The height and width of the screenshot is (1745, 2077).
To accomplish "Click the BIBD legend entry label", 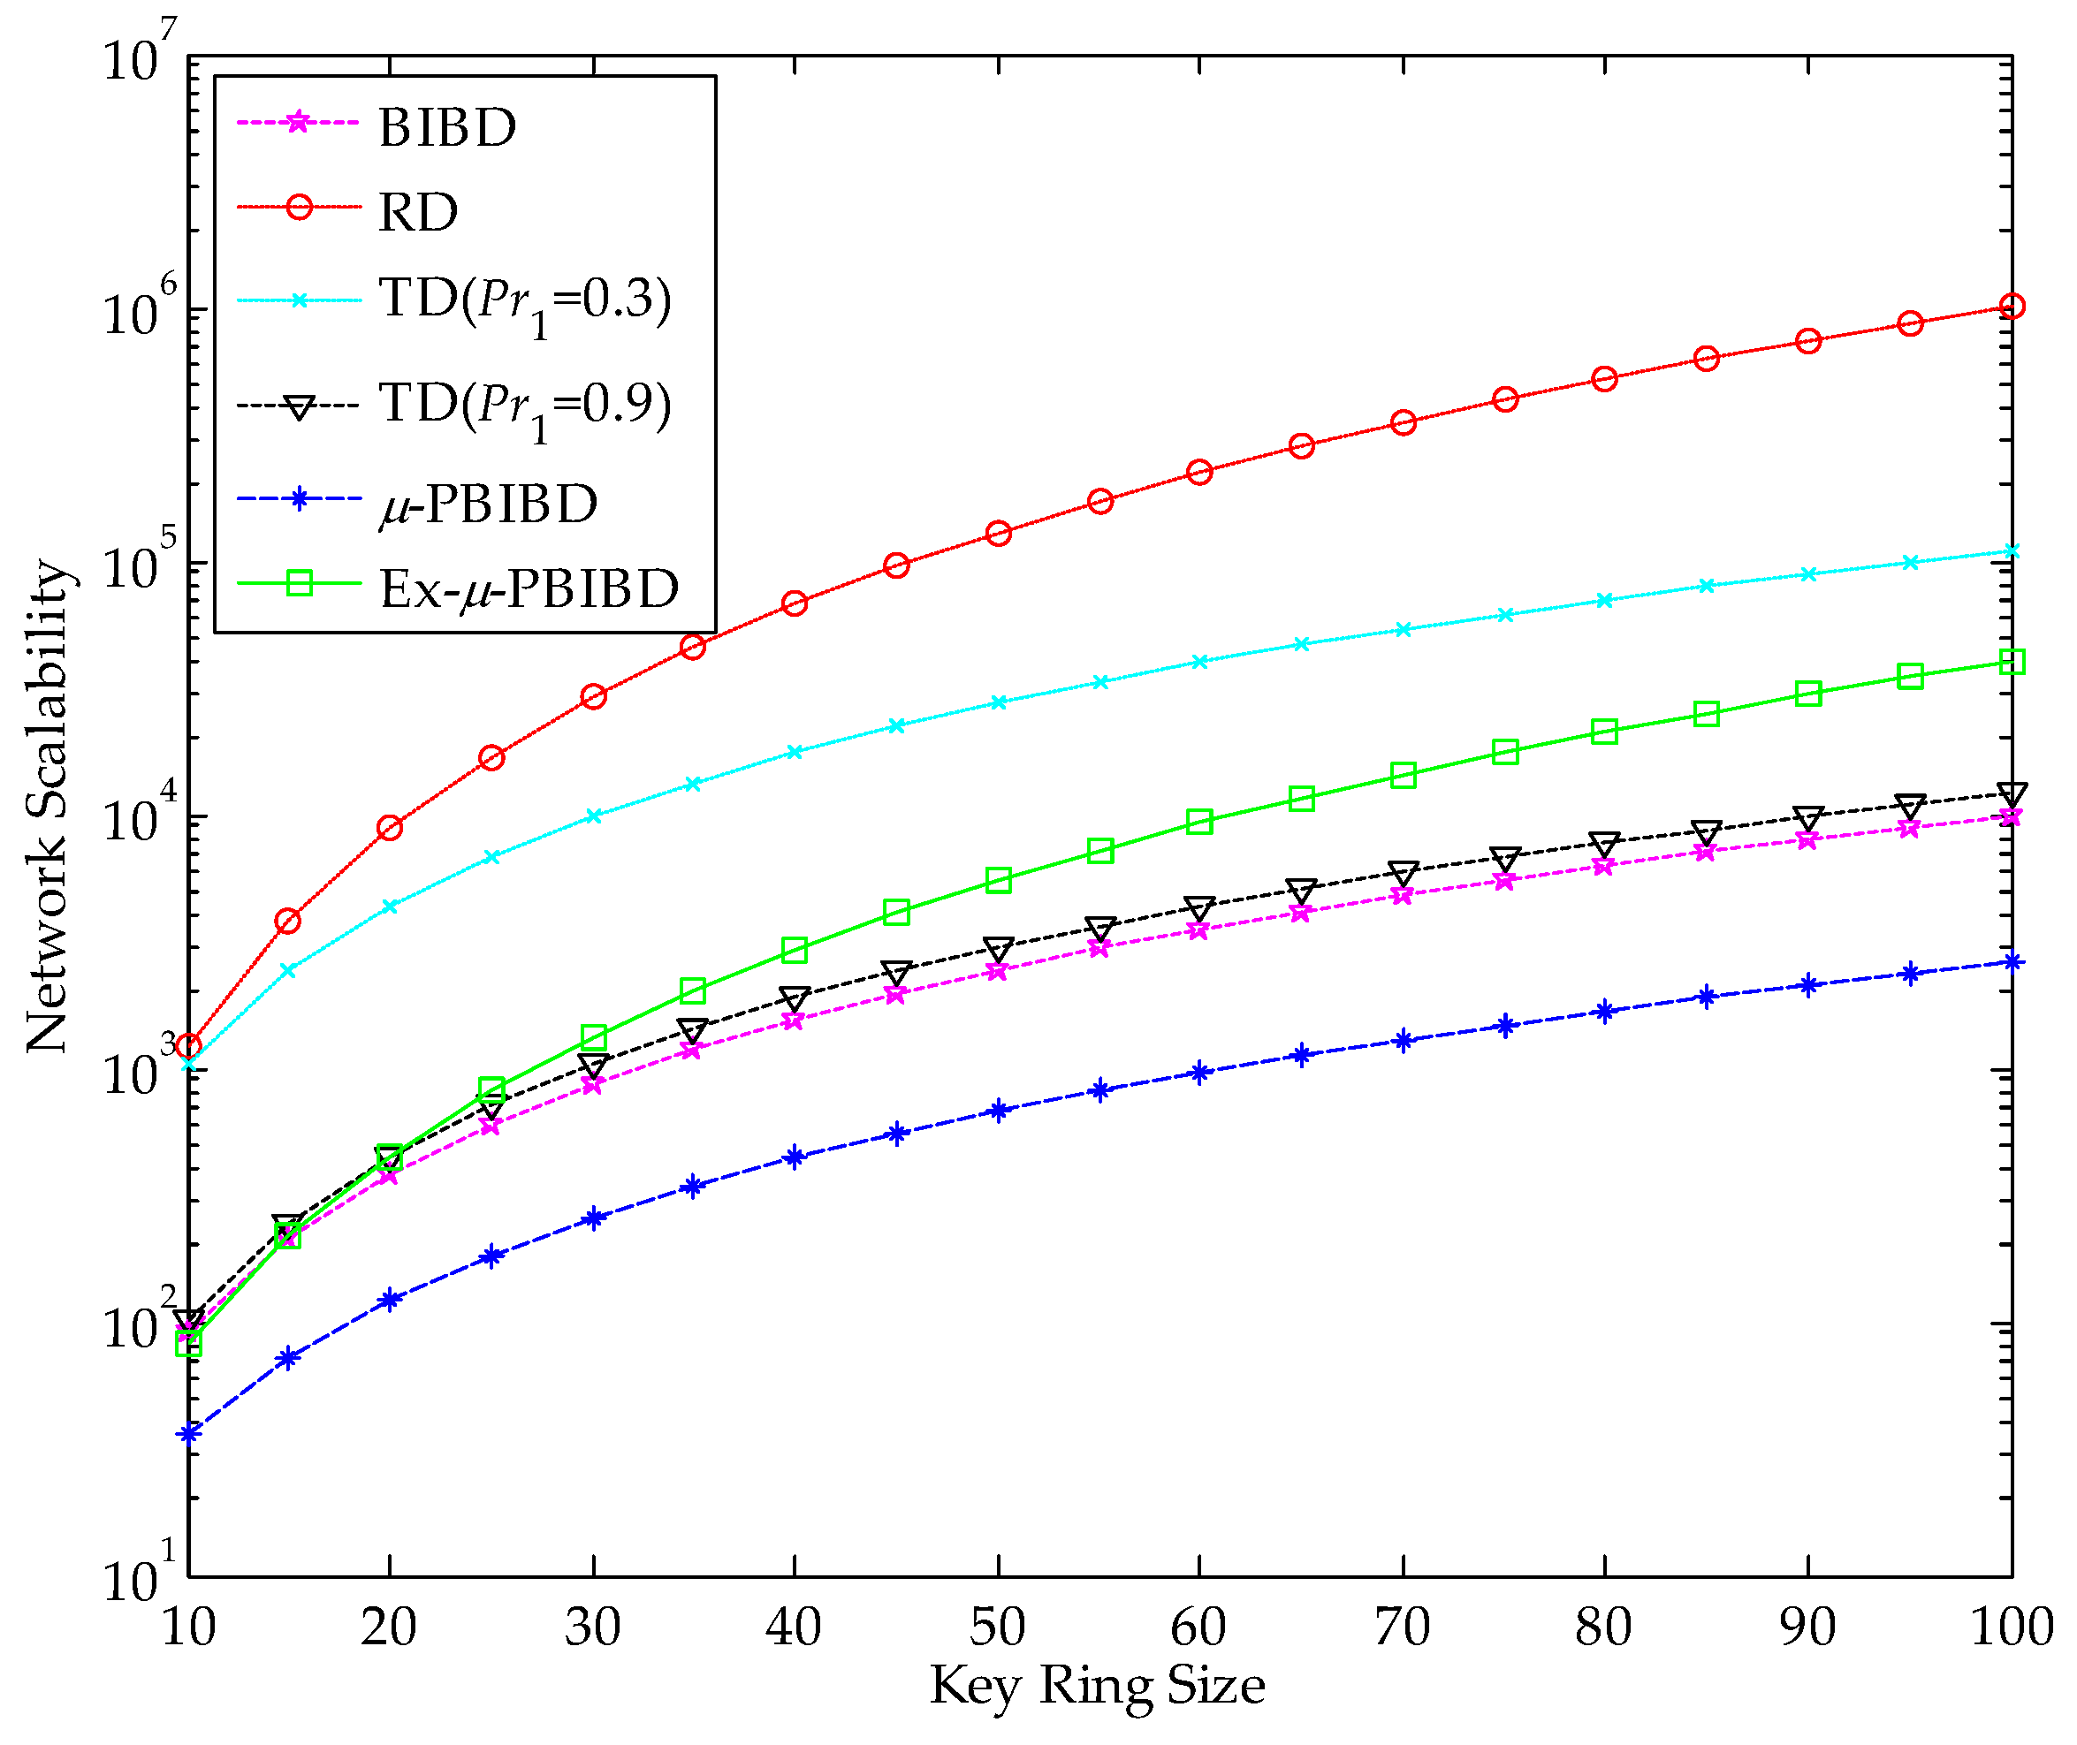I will click(x=447, y=126).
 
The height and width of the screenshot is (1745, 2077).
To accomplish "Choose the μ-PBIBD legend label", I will click(x=489, y=504).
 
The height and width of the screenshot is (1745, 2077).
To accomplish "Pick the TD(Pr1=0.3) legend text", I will click(x=524, y=299).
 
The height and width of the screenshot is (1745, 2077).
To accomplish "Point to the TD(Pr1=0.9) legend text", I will click(x=524, y=405).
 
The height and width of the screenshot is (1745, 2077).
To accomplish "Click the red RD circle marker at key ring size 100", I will click(x=2012, y=306).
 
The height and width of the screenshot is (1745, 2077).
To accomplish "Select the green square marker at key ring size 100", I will click(x=2012, y=661).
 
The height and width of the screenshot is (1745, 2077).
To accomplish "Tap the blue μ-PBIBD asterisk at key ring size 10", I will click(x=189, y=1433).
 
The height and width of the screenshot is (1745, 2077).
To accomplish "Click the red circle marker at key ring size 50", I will click(x=999, y=533).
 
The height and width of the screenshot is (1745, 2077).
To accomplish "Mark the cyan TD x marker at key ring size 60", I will click(x=1199, y=661).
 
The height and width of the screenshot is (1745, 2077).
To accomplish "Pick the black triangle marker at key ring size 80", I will click(x=1604, y=843).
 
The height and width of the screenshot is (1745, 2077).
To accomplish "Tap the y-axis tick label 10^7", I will click(x=139, y=55).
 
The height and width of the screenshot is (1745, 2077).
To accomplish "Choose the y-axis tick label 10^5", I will click(x=139, y=563).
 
